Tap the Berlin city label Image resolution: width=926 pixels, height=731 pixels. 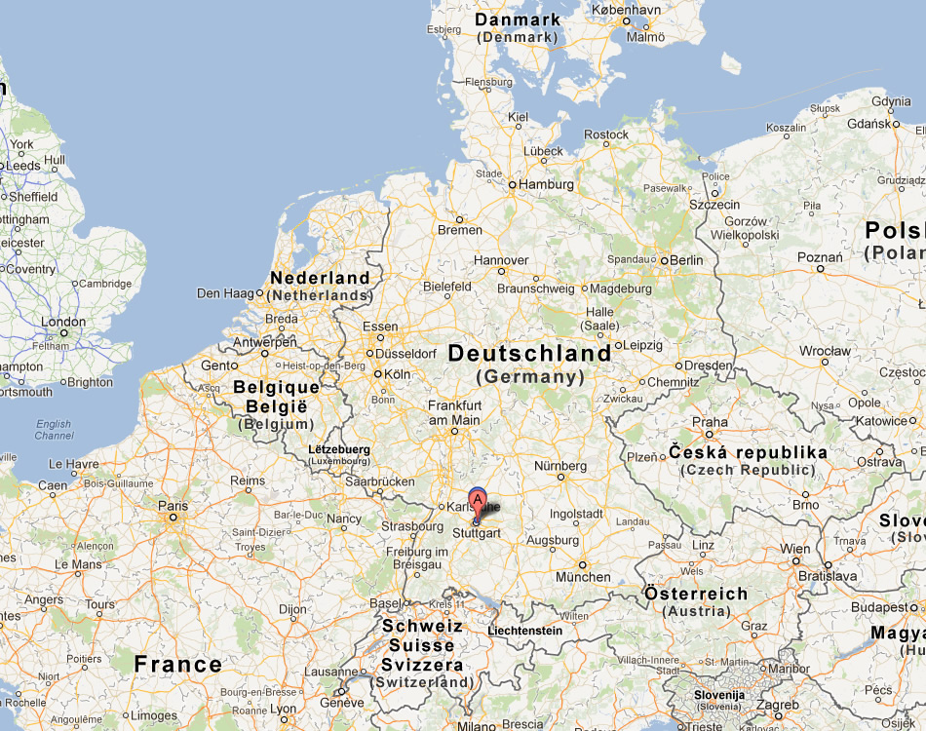click(685, 260)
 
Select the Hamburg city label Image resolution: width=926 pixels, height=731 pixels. click(546, 183)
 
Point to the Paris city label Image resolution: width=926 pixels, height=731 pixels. click(173, 506)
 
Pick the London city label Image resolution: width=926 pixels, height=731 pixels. click(63, 322)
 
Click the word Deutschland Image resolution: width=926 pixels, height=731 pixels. click(529, 354)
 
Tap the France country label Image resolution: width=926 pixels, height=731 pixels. click(178, 665)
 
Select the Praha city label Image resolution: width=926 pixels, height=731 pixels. click(710, 422)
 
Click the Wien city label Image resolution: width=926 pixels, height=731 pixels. click(794, 549)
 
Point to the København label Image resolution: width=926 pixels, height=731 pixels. click(626, 10)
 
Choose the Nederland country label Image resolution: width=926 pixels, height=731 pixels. click(320, 278)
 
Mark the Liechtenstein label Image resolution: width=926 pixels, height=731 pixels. click(524, 631)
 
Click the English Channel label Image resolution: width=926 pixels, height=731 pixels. click(54, 430)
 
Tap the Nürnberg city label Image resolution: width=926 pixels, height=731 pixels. click(560, 465)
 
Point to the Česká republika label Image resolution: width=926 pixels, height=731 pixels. click(748, 452)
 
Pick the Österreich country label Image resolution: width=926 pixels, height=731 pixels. click(696, 594)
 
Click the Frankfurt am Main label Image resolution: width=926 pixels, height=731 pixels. click(454, 412)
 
